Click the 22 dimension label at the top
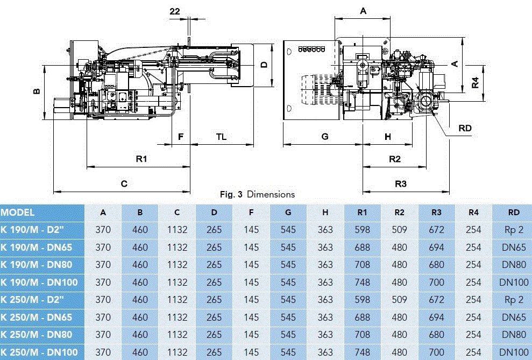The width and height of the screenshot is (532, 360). coord(175,11)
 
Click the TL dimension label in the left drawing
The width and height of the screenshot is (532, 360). coord(221,137)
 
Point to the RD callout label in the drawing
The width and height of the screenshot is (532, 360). coord(465,128)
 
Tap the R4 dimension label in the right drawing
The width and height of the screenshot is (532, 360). coord(475,82)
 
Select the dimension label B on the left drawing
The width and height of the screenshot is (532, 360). coord(36,91)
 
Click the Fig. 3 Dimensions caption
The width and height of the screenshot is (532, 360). coord(258,194)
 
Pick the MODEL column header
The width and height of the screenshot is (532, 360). coord(18,213)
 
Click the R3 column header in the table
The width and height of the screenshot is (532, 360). coord(436,213)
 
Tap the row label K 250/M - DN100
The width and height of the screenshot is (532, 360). coord(41,352)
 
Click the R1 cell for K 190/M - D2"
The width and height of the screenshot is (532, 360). coord(363,230)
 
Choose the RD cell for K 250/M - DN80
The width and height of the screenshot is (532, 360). coord(514,335)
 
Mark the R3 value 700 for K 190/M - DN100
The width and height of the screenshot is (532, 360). coord(436,282)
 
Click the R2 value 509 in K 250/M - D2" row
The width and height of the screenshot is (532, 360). coord(399,300)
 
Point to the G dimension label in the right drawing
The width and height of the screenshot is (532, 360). coord(325,137)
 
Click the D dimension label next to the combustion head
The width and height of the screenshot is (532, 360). coord(264,65)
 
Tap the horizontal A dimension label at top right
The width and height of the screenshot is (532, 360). coord(363,11)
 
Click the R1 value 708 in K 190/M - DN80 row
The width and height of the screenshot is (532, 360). coord(363,265)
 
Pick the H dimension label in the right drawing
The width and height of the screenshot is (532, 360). coord(388,137)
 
